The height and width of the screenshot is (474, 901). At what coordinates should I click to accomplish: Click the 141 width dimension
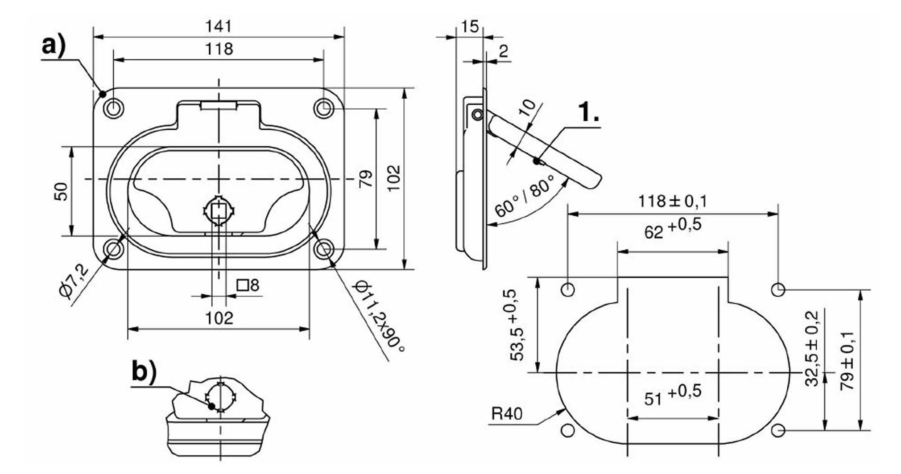(219, 26)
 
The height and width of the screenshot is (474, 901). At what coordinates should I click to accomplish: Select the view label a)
(54, 46)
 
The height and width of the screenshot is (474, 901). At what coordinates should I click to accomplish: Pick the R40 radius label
(506, 414)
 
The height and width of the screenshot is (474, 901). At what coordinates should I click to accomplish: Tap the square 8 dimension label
(248, 285)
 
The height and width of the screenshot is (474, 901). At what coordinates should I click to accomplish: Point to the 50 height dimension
(62, 192)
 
